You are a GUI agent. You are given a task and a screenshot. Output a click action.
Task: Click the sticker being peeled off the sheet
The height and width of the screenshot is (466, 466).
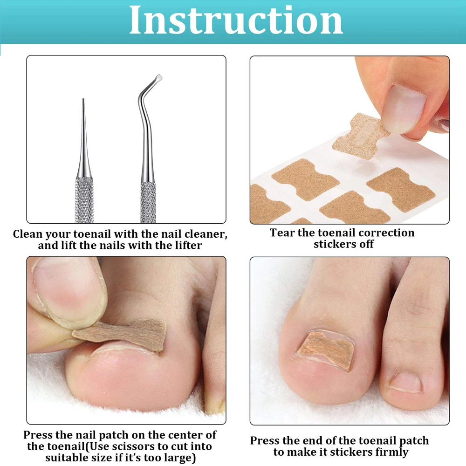click(362, 135)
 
